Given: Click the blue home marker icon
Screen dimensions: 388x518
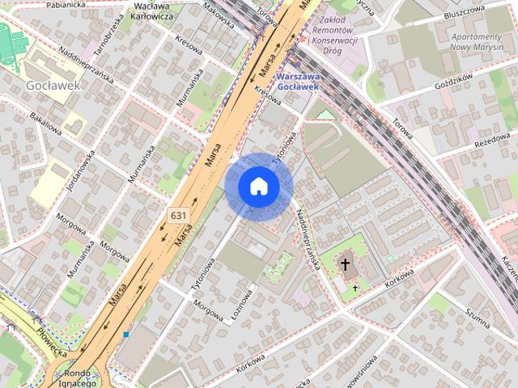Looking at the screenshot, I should coord(259,187).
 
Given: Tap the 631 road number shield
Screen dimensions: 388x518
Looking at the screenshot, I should coord(179,214).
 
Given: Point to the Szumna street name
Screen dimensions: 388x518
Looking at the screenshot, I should coord(478,318).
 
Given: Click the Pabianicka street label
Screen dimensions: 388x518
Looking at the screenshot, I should coord(66,4).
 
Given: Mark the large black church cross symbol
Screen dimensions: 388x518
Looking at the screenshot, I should coord(346,265).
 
